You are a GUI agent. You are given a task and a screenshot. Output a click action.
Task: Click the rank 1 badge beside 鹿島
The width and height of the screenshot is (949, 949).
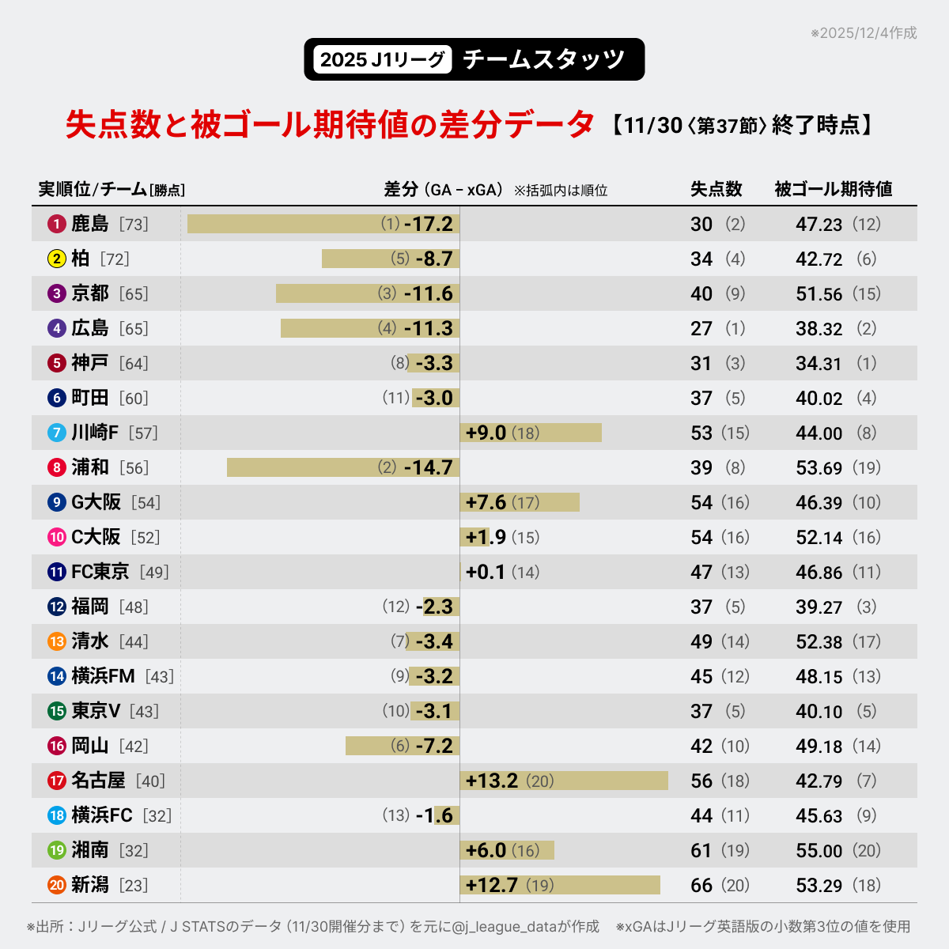(56, 225)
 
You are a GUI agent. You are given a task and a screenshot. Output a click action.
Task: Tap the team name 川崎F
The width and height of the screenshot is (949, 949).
(94, 433)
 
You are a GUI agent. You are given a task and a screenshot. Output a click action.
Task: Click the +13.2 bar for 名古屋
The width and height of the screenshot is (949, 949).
(563, 781)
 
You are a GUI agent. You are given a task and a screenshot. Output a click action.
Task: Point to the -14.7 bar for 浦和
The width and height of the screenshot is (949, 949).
(342, 467)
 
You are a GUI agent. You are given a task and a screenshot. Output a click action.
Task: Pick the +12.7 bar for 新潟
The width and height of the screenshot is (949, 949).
(559, 885)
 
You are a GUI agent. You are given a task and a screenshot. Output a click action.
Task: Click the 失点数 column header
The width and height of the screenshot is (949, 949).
(716, 189)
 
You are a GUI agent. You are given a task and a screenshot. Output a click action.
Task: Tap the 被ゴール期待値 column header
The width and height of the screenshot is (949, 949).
(833, 189)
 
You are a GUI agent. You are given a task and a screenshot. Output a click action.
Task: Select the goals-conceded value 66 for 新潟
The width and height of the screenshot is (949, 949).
(701, 885)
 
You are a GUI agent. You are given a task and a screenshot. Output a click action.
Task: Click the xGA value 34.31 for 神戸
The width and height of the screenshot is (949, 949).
(819, 364)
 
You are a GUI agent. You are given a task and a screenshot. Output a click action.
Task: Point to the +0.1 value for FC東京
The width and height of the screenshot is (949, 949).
(485, 572)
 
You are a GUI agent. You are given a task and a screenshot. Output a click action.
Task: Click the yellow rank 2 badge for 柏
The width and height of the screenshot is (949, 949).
(56, 259)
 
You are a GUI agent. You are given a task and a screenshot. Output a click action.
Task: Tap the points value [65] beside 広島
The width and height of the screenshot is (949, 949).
(134, 329)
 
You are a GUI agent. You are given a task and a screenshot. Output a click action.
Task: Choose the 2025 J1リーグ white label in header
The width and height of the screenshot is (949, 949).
(382, 59)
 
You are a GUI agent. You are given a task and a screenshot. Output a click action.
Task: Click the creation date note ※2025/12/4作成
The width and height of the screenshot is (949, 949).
(864, 33)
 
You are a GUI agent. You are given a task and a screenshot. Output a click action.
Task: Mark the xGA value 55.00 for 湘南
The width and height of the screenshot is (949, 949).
(819, 851)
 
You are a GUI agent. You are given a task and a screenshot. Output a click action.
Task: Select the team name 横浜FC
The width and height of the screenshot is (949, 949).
(101, 815)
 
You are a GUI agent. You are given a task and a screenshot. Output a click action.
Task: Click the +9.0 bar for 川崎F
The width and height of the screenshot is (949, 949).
(530, 433)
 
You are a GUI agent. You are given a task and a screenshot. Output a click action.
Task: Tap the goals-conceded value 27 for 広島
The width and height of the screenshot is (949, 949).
(701, 329)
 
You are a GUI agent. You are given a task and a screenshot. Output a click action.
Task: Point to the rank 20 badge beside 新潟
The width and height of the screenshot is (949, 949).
(56, 886)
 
